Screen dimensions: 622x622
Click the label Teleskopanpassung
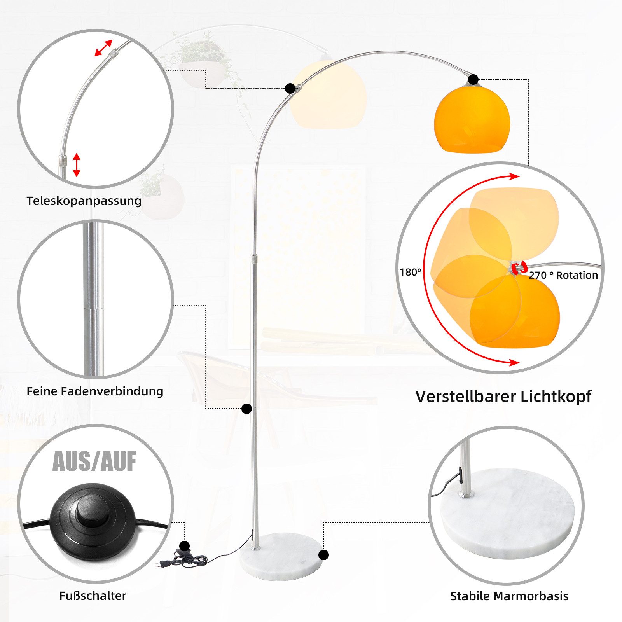click(84, 201)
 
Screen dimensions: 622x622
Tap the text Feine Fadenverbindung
click(95, 391)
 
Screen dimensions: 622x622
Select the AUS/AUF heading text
click(94, 462)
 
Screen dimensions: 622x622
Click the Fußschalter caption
click(93, 596)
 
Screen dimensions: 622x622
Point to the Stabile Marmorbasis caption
click(509, 596)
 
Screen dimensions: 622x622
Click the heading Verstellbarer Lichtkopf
click(503, 397)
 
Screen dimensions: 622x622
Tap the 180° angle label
click(410, 272)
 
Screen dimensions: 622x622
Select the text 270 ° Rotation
click(563, 275)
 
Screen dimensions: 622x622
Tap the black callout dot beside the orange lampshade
click(473, 80)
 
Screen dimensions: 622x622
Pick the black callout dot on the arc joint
click(290, 88)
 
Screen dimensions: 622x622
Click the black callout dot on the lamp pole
click(246, 409)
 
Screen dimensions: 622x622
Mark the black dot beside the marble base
click(323, 555)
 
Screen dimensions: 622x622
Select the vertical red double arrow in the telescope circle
click(77, 165)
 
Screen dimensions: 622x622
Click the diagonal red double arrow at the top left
click(103, 48)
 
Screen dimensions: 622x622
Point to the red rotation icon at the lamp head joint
click(519, 268)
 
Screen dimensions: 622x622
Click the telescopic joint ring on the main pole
click(254, 259)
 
